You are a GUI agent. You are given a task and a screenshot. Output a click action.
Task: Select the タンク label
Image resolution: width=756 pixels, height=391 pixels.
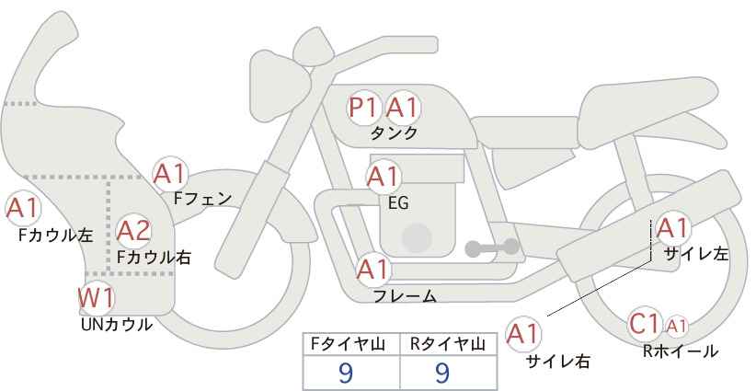pos(394,133)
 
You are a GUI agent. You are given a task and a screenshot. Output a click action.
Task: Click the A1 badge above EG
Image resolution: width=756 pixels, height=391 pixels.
pos(383,176)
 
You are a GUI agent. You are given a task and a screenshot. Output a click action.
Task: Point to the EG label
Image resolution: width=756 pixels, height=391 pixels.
pos(399,203)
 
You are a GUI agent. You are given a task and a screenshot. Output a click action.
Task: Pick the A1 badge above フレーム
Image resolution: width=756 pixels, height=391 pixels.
pos(373,270)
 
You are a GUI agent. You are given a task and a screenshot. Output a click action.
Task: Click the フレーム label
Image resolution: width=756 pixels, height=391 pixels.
pos(405,295)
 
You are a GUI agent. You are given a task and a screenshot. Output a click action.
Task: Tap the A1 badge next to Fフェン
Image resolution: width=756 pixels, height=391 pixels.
pos(170,173)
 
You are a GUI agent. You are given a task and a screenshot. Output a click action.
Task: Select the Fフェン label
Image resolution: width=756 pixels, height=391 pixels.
pos(203,197)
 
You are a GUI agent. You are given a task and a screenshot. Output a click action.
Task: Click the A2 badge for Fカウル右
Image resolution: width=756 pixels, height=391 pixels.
pos(133,230)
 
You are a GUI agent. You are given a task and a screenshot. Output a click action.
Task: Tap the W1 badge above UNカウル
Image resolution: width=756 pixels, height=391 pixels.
pos(96,298)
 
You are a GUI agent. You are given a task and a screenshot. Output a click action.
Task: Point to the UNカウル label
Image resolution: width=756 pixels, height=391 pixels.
pos(117,324)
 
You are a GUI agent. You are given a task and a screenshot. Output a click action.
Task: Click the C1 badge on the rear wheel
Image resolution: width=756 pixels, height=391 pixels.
pos(645,324)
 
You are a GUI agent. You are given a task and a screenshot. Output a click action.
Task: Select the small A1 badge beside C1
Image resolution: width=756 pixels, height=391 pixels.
pos(676,325)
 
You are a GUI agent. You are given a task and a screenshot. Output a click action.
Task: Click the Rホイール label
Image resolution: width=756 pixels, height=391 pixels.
pos(681,351)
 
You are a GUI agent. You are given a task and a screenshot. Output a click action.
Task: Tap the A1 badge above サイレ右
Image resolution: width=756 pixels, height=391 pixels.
pos(524,334)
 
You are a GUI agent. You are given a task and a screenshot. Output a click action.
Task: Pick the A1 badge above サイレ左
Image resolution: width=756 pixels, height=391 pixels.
pos(671,228)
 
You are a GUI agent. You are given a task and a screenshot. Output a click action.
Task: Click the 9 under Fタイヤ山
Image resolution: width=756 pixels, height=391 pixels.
pos(346,372)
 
